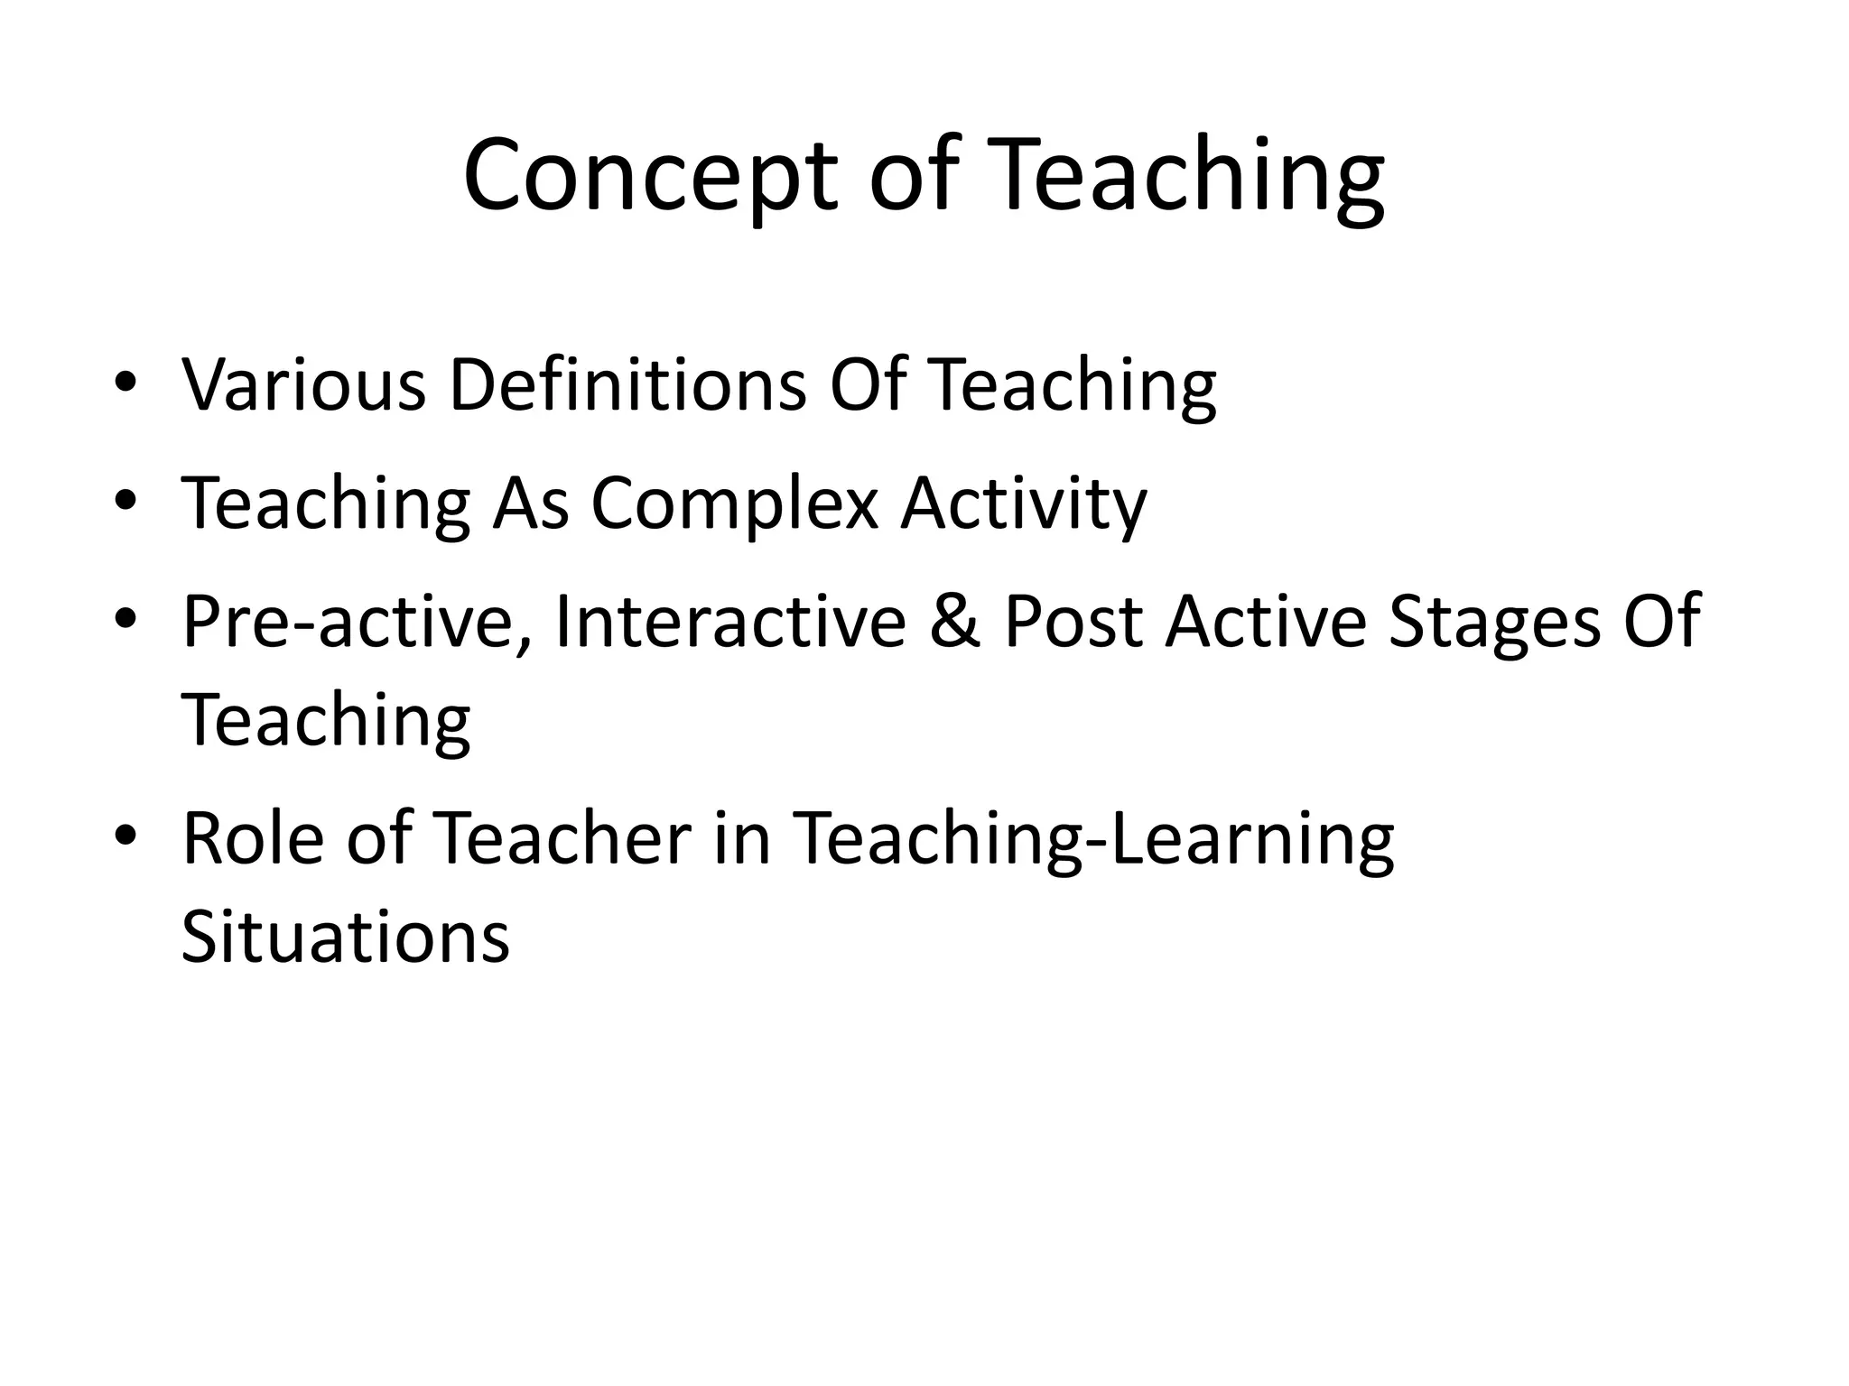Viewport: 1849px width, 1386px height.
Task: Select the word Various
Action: [303, 385]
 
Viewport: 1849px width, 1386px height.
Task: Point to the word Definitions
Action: [627, 385]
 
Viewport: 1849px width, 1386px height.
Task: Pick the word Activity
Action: [1024, 504]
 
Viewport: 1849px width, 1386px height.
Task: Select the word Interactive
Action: [730, 622]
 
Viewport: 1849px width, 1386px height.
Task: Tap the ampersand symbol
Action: [955, 622]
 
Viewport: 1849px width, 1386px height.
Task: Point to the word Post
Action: [1074, 622]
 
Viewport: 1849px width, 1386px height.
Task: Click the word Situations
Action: [345, 937]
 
